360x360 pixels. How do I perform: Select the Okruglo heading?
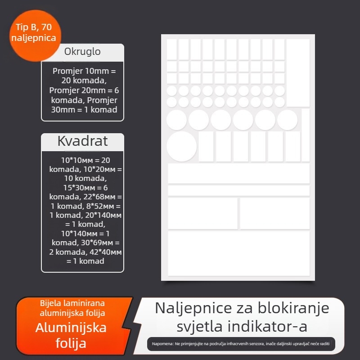82,52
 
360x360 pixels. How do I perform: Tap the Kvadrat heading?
82,141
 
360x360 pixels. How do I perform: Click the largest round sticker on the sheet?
182,146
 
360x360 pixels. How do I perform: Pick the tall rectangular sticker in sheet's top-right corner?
298,72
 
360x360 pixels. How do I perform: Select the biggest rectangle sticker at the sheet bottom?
238,253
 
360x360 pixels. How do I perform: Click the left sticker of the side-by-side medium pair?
202,213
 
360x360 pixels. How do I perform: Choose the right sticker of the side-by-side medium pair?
274,213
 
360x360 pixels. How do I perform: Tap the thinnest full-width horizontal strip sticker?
238,190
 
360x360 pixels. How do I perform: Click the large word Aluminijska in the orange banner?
71,327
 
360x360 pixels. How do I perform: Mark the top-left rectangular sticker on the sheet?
172,49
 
